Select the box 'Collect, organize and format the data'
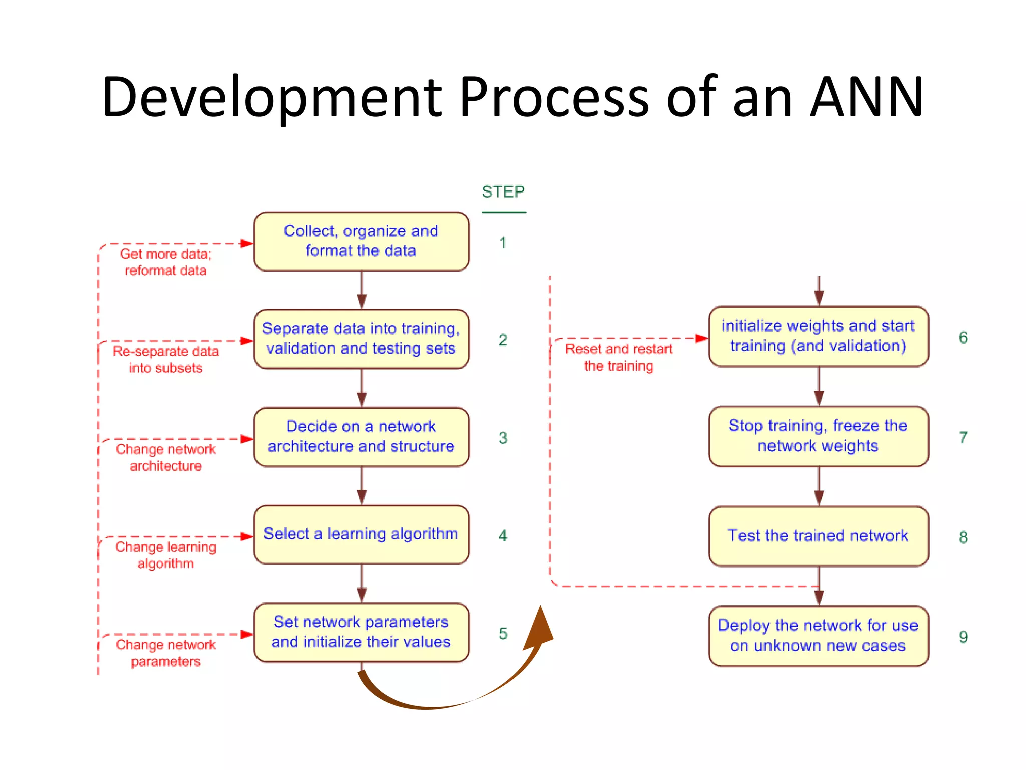(361, 241)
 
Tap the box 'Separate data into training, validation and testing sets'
(361, 339)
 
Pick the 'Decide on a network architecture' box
(361, 437)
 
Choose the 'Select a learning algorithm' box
(361, 534)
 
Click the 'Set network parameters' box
(361, 632)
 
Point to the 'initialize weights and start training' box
(818, 336)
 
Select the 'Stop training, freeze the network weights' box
(818, 436)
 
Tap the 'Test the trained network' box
(818, 536)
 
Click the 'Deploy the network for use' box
(818, 636)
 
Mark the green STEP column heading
(503, 192)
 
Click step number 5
(503, 634)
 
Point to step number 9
(963, 637)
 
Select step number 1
(503, 243)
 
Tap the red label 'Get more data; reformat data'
(166, 262)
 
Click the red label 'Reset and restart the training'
(619, 357)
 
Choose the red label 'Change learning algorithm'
(166, 555)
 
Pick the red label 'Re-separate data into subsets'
(166, 360)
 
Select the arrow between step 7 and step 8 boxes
(819, 486)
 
